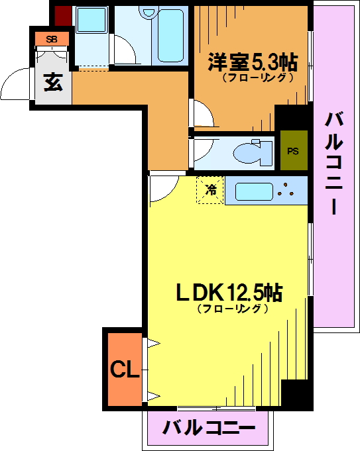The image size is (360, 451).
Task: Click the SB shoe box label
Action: (52, 39)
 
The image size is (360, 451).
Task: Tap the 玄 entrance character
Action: (53, 83)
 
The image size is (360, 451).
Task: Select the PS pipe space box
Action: (294, 150)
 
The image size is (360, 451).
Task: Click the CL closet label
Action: (125, 370)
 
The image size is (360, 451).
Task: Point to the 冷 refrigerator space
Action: (210, 190)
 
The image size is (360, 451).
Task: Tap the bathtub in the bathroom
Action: (170, 34)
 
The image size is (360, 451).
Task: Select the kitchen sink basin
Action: (254, 191)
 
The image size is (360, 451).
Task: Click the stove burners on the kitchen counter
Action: (286, 190)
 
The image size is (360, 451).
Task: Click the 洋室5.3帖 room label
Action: (253, 62)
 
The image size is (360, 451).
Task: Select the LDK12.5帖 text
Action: (229, 293)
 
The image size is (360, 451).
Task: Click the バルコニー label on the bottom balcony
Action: (209, 428)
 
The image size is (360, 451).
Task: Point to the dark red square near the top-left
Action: (63, 15)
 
